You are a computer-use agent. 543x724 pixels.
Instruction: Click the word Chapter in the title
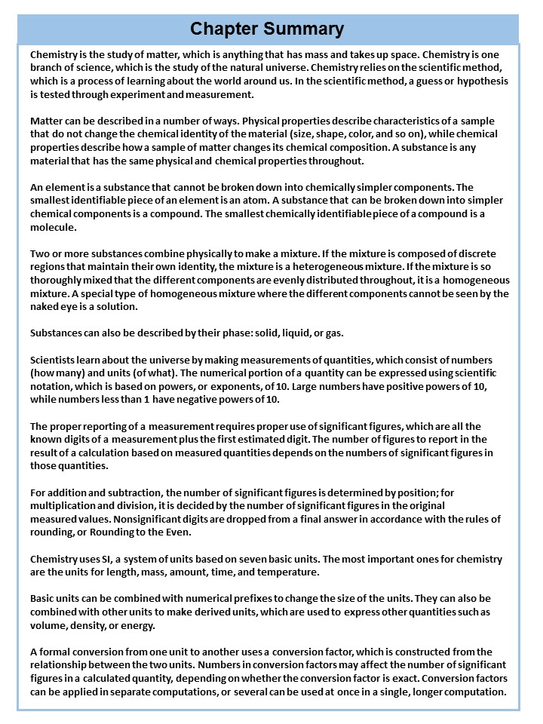coord(223,29)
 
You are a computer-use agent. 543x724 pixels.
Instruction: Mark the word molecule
coord(53,227)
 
